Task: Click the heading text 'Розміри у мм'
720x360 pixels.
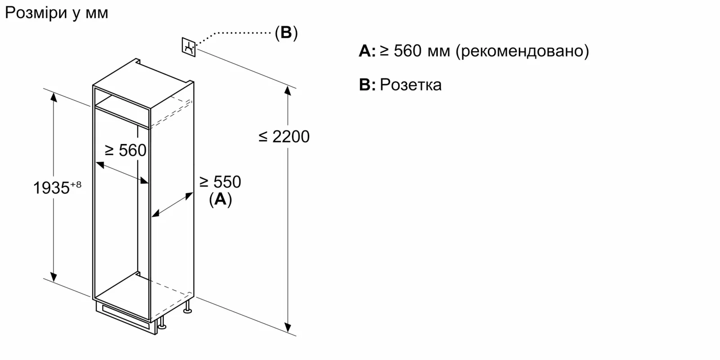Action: [57, 13]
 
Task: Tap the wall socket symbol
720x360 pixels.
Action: [189, 46]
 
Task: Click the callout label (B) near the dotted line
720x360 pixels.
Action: [286, 32]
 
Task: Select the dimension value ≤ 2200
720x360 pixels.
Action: [284, 136]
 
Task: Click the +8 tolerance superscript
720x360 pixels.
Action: [76, 184]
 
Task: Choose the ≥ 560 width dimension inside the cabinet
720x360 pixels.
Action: [126, 150]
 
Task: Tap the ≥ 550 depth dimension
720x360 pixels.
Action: [220, 182]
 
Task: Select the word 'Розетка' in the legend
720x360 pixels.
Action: [410, 85]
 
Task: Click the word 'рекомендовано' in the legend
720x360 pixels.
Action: [522, 51]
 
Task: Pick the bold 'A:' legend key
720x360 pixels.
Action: [367, 51]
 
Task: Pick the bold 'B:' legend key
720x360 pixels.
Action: [367, 85]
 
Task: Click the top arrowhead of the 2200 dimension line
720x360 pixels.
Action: [288, 90]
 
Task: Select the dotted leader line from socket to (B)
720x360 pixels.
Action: [234, 33]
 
